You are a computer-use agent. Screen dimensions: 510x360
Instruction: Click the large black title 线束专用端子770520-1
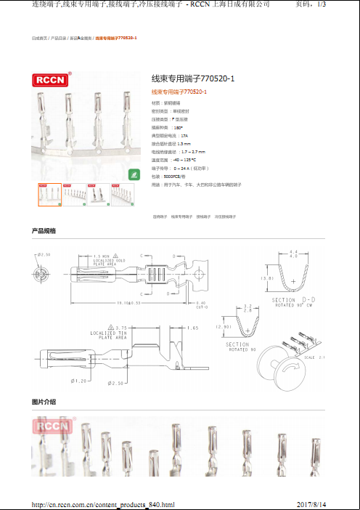(192, 78)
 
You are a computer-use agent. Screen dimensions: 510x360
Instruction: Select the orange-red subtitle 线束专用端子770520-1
(179, 92)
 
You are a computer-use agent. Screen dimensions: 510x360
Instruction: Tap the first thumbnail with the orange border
(49, 195)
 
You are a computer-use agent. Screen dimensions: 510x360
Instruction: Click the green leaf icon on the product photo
(134, 174)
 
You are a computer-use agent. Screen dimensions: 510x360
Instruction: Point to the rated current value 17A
(184, 136)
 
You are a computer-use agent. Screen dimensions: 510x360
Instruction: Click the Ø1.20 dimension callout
(79, 381)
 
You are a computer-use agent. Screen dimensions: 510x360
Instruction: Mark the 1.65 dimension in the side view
(192, 328)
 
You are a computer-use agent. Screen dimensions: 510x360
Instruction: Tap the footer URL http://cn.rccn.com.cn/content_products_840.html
(104, 504)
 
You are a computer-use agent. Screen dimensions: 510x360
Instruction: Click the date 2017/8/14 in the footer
(312, 504)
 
